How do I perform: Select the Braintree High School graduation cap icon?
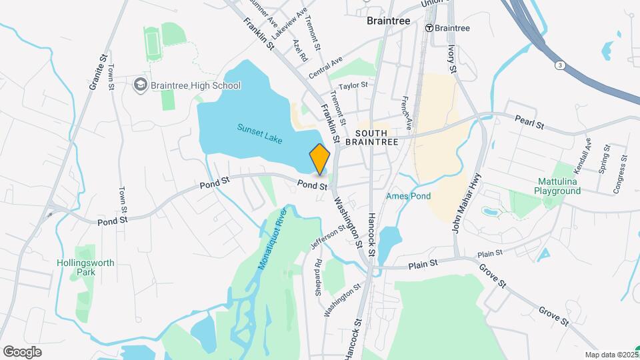(x=141, y=85)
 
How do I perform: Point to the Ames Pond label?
(x=408, y=196)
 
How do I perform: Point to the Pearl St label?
(x=531, y=123)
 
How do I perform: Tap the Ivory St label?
(x=451, y=59)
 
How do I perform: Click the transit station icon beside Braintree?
(x=430, y=28)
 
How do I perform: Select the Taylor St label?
(x=353, y=86)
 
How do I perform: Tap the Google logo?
(x=23, y=351)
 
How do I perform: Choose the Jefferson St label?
(x=328, y=237)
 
